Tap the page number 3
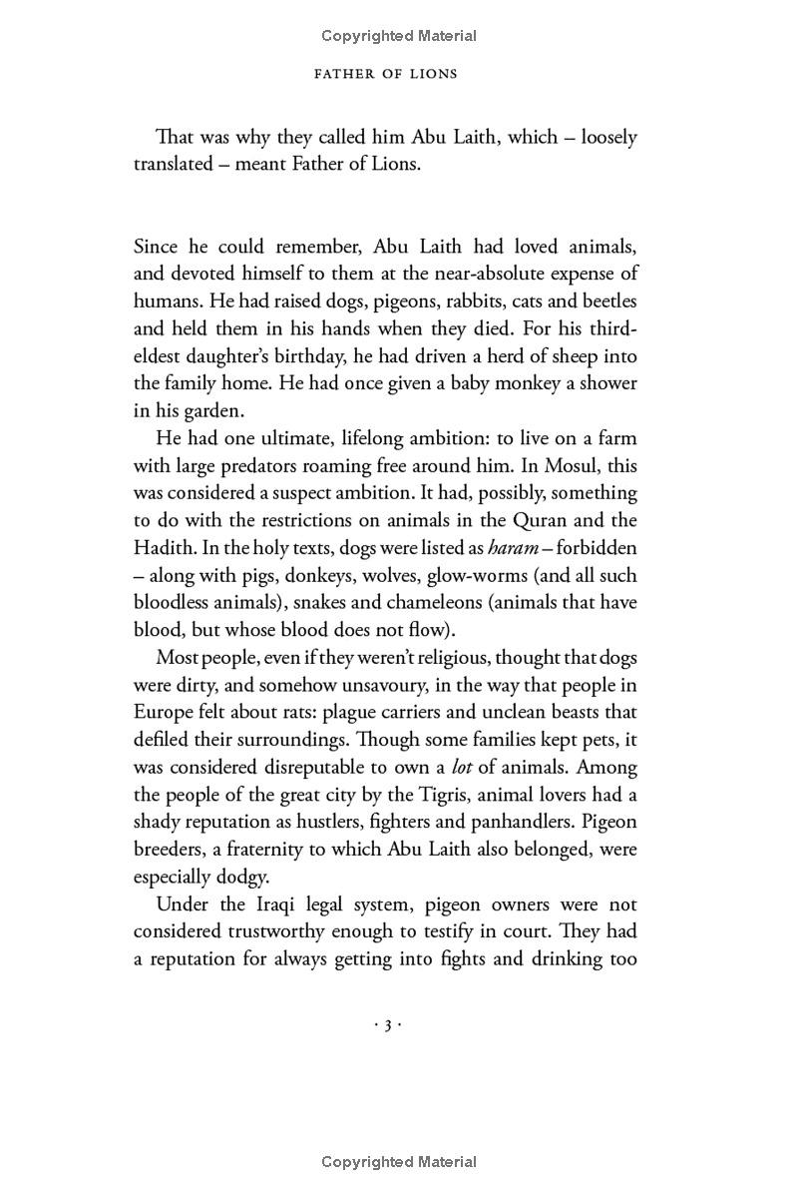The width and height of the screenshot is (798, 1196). click(x=387, y=1024)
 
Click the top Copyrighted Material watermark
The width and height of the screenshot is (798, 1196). click(x=399, y=36)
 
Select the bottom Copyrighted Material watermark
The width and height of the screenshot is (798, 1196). click(x=399, y=1161)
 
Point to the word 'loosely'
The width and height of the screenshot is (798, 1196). click(x=608, y=137)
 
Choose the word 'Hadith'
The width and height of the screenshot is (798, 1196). click(x=163, y=548)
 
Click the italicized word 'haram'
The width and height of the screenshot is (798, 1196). click(x=514, y=548)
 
